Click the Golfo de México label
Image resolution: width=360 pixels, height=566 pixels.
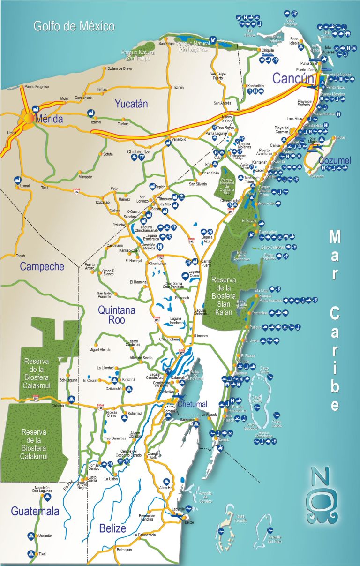click(x=74, y=26)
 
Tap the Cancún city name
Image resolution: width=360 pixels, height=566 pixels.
click(x=292, y=79)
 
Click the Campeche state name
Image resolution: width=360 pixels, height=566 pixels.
click(x=42, y=267)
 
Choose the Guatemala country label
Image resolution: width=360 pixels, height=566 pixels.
click(x=35, y=511)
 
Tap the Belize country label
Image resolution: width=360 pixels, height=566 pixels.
click(x=112, y=528)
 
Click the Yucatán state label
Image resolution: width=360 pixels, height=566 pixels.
click(x=131, y=104)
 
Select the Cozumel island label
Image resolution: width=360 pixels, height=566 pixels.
click(x=334, y=161)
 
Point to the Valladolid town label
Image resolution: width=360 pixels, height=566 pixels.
click(x=179, y=139)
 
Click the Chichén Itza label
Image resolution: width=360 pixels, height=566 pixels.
click(x=139, y=152)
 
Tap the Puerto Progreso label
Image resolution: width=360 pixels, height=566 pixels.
click(x=37, y=87)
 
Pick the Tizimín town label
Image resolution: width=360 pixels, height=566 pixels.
click(x=179, y=87)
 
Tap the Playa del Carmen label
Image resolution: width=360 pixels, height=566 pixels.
click(x=282, y=129)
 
